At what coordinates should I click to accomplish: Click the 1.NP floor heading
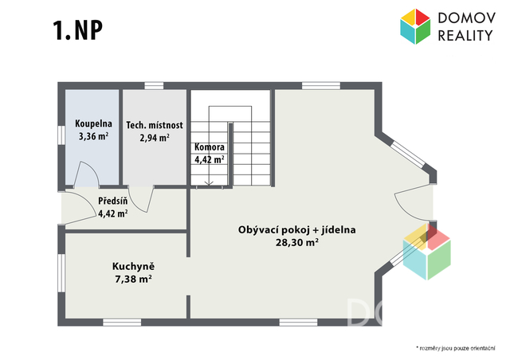pos(78,30)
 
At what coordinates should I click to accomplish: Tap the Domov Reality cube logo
pos(415,26)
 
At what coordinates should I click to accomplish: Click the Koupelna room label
pos(93,123)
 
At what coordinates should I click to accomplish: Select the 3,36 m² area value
pos(93,136)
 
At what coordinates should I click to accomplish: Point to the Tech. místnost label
pos(155,125)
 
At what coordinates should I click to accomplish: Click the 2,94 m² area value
pos(155,138)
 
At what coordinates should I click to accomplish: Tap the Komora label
pos(210,147)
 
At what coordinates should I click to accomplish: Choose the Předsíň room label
pos(113,201)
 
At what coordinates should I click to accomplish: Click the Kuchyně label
pos(133,266)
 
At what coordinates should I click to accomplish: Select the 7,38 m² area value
pos(133,279)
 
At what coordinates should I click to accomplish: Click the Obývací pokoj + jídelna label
pos(297,230)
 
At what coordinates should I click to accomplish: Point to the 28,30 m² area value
pos(297,243)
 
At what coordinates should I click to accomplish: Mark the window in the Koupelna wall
pos(61,135)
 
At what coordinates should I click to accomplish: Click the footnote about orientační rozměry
pos(456,348)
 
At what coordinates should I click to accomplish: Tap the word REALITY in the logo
pos(465,35)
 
